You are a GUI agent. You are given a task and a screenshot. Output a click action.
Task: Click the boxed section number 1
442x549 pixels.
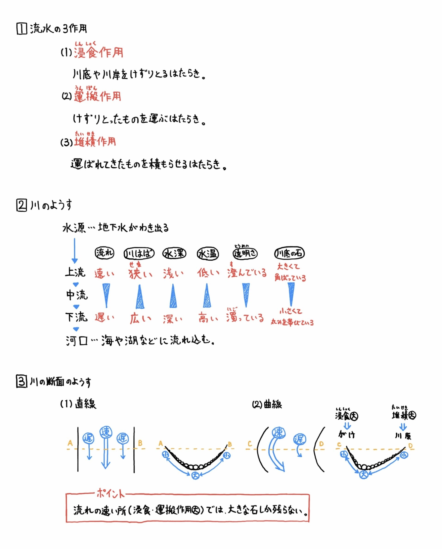coord(22,28)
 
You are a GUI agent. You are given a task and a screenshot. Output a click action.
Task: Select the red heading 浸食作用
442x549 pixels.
coord(98,53)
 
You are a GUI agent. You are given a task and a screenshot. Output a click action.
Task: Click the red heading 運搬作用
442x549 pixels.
coord(98,96)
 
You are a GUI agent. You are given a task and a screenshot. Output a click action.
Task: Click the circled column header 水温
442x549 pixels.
coord(208,254)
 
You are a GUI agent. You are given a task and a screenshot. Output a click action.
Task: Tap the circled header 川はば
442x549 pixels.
coord(139,254)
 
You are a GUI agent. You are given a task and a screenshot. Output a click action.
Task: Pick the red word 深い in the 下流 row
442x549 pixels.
coord(173,319)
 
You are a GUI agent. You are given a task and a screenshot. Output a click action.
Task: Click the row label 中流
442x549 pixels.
coord(77,295)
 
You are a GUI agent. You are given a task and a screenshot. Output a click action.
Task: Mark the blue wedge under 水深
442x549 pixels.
coord(173,296)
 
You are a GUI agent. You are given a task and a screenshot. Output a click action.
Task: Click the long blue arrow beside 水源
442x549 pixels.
coord(75,250)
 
